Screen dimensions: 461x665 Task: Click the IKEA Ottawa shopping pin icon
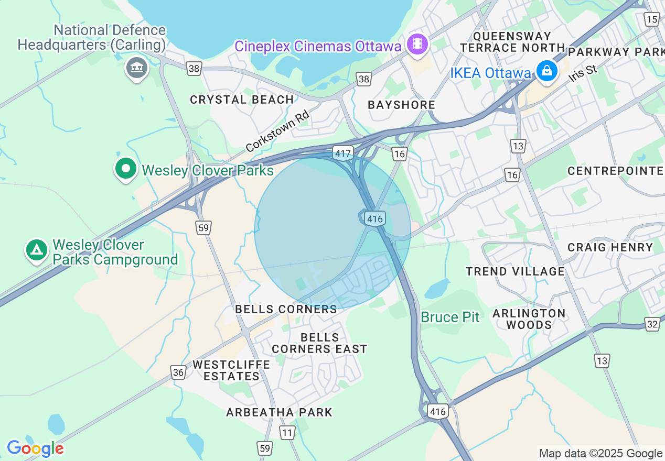546,71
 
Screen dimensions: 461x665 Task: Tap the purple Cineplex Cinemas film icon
417,43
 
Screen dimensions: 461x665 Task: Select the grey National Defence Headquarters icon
136,68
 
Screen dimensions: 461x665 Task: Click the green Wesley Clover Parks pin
126,169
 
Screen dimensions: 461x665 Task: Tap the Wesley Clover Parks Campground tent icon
36,250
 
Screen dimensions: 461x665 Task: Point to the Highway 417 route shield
342,153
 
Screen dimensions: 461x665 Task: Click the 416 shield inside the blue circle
376,219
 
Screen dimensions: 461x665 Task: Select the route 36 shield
178,372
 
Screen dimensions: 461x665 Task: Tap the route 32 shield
652,324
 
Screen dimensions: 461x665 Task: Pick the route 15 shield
652,20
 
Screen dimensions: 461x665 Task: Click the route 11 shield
287,433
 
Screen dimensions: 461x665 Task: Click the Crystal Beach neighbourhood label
242,100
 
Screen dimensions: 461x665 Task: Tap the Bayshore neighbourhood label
401,105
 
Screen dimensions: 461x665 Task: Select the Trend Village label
516,271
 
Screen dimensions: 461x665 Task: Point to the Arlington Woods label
529,319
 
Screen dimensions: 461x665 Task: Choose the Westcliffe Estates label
231,370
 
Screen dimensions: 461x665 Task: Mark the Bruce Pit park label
450,317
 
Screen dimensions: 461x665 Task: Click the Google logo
35,448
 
